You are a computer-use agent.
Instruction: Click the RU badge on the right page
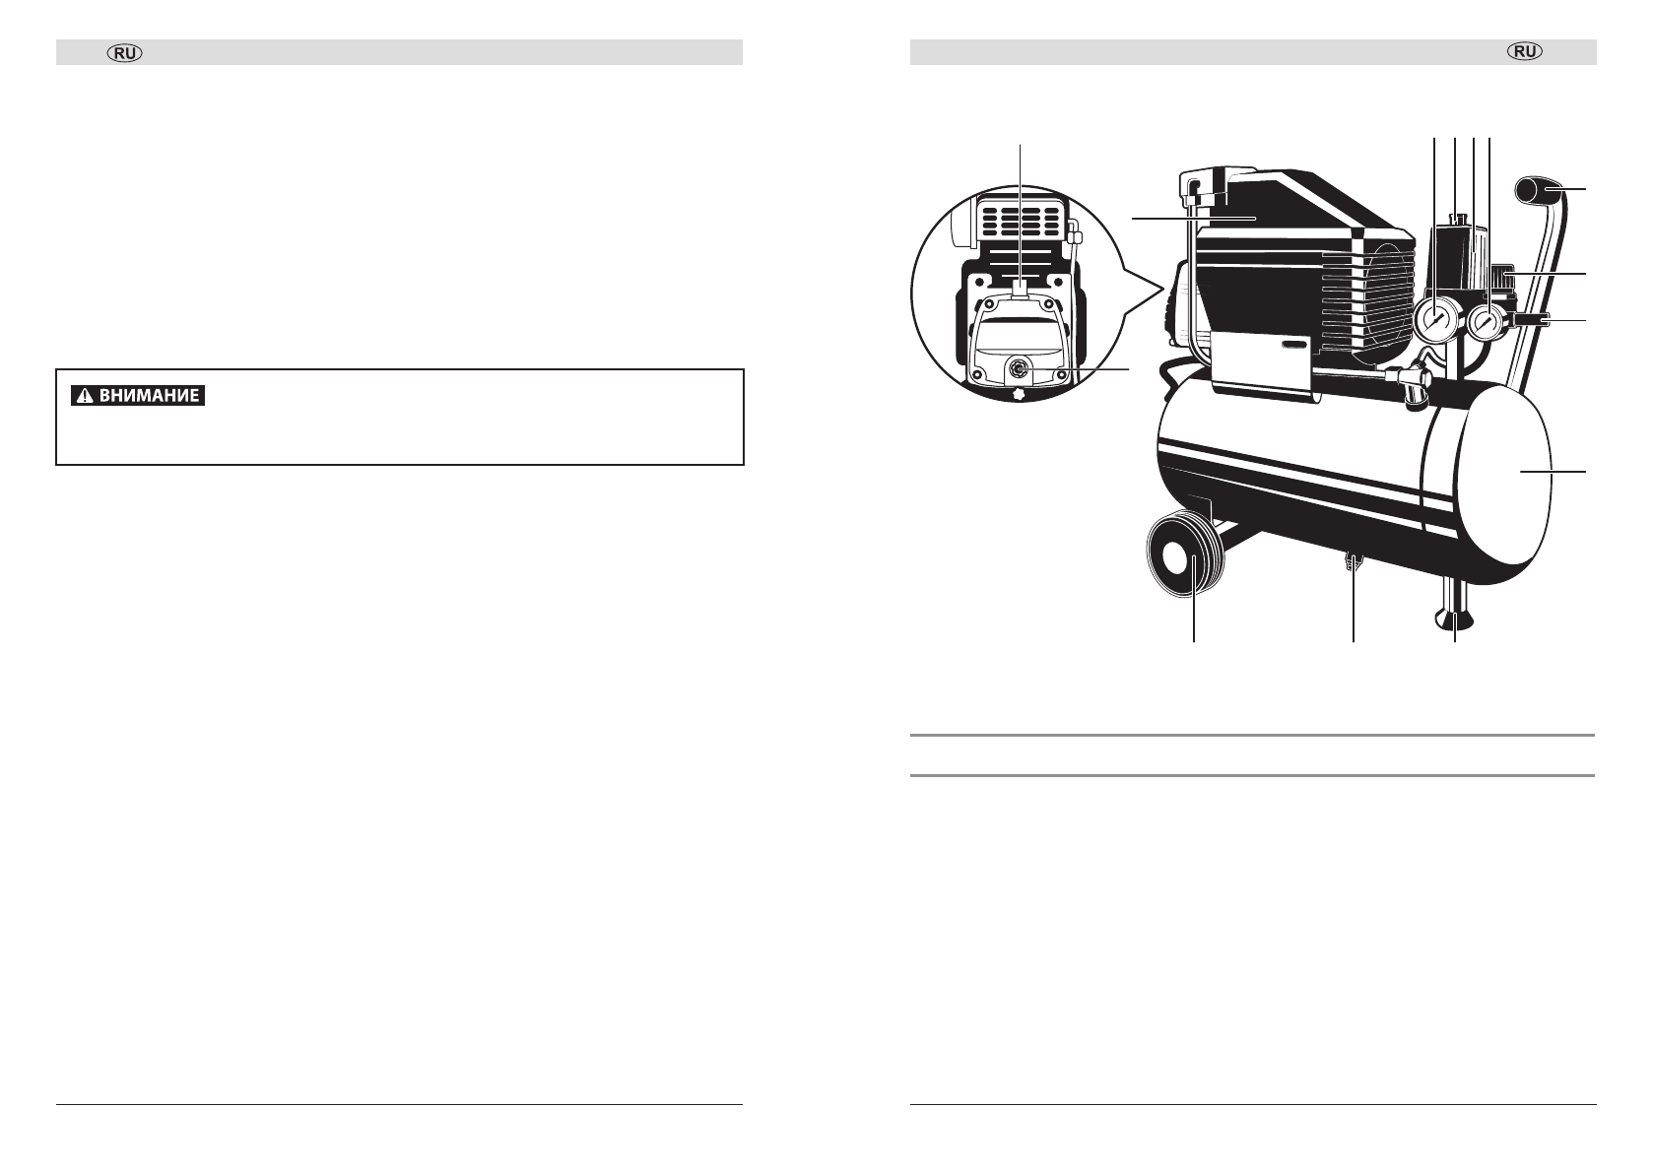[x=1525, y=53]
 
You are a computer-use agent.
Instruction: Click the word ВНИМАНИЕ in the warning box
[x=148, y=397]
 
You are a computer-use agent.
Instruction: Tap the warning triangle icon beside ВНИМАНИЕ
[x=87, y=397]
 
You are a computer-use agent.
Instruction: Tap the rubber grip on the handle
[x=1537, y=189]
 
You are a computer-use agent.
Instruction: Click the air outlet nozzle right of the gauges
[x=1531, y=319]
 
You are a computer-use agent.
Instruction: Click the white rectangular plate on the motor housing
[x=1260, y=363]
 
